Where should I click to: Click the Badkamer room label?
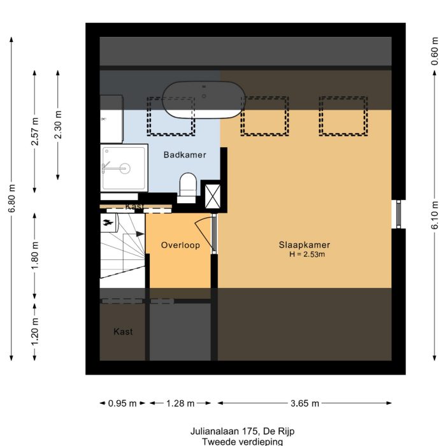pos(185,155)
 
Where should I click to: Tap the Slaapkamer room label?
pos(304,245)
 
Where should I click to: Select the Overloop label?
pos(180,245)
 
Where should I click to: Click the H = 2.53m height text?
pos(307,255)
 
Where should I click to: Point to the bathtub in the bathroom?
pos(203,100)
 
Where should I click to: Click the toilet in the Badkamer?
pos(187,186)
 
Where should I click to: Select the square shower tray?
pos(124,168)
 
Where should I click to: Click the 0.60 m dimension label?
pos(435,52)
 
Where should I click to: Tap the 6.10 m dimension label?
pos(435,215)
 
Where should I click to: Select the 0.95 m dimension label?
pos(122,403)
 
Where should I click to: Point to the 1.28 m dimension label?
pos(180,403)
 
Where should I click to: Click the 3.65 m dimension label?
pos(305,403)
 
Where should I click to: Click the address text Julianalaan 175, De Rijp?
pos(241,431)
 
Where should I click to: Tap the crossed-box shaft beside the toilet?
pos(212,196)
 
